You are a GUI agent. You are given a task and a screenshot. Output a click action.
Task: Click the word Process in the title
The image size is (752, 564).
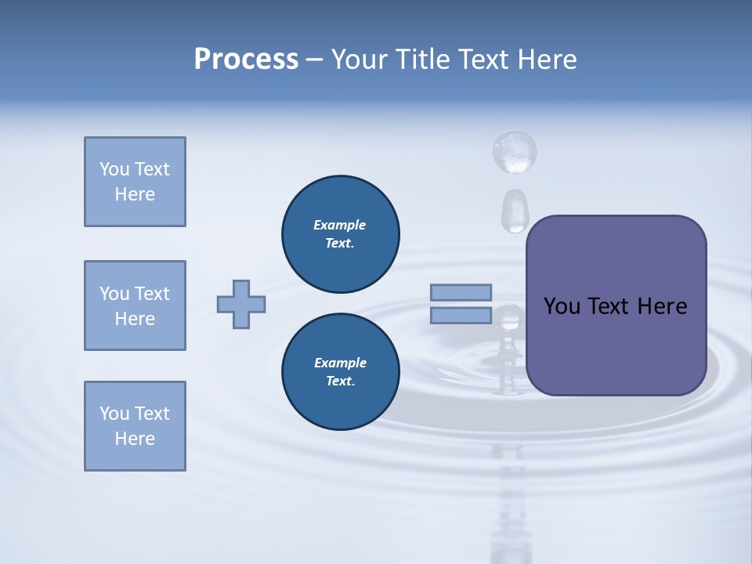246,60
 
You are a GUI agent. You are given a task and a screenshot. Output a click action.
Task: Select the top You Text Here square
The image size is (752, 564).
135,182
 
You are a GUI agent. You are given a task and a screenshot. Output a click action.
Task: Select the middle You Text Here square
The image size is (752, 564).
135,305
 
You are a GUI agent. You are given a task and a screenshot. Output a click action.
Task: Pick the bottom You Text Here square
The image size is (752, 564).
135,426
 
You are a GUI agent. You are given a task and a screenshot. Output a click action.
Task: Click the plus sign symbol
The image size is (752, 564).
241,304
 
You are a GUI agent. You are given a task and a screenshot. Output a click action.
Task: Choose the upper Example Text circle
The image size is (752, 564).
340,234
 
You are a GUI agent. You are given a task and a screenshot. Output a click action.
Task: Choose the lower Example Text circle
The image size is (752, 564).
340,372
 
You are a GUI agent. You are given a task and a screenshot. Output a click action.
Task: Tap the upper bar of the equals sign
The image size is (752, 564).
461,292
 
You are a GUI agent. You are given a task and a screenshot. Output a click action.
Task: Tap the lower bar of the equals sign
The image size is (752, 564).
461,316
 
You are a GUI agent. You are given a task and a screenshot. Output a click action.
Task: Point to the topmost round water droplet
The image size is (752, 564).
514,150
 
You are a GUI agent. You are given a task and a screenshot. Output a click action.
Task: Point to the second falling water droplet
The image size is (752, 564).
515,210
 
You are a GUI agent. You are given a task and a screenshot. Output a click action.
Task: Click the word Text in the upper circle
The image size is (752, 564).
340,244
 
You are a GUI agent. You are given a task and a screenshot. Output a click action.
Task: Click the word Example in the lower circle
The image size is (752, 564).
340,363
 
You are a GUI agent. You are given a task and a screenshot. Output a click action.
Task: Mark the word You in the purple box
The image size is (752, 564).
562,306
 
